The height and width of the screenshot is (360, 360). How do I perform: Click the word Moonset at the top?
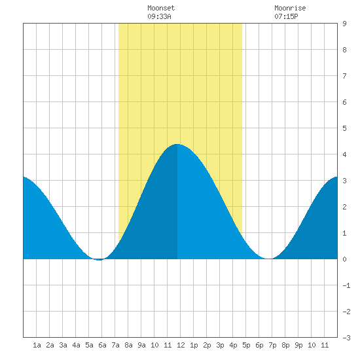point(161,8)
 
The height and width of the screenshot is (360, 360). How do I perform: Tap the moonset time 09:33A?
point(159,16)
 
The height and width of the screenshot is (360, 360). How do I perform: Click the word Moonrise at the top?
point(290,8)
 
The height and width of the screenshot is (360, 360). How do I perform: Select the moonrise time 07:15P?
point(286,16)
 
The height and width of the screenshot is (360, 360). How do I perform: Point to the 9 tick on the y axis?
point(344,24)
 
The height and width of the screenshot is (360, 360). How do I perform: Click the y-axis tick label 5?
point(344,128)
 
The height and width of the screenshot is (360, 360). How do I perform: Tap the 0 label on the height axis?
point(344,259)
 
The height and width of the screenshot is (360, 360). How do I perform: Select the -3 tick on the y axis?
point(346,338)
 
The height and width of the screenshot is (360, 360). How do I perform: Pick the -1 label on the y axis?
point(346,285)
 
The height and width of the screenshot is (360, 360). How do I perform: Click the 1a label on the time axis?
point(37,345)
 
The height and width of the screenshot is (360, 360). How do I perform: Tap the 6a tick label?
point(102,345)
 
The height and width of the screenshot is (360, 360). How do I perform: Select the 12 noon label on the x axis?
point(181,345)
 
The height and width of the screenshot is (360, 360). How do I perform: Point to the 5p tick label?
point(246,345)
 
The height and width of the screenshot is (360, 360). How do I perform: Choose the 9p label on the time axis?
point(298,345)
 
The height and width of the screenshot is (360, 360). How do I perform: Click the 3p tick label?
point(220,345)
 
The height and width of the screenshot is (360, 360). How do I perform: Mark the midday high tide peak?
point(177,144)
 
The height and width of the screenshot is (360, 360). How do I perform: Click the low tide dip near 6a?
point(99,260)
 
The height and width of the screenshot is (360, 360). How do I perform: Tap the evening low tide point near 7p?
point(268,259)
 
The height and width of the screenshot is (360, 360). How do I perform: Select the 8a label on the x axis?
point(128,345)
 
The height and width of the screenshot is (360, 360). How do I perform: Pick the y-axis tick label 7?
point(344,76)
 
